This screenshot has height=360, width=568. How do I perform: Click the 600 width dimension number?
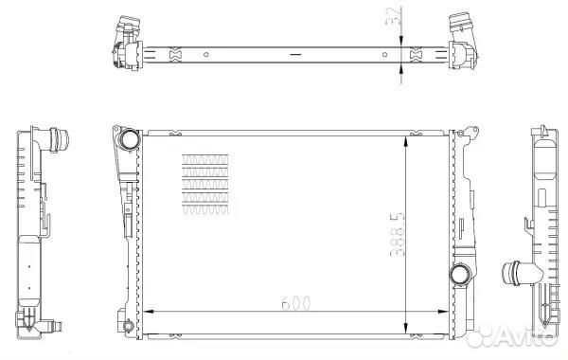coord(296,303)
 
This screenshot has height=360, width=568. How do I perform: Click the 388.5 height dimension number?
coord(397,235)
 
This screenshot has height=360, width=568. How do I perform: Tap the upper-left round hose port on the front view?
coord(129,139)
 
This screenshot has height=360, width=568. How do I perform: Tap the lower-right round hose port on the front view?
coord(460,275)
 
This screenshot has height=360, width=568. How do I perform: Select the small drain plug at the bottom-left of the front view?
coord(128,325)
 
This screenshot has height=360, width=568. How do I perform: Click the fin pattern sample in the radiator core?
coord(205,185)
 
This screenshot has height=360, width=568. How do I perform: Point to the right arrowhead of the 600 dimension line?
coord(443,312)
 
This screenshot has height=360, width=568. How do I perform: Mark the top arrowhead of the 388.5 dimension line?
coord(407,142)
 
